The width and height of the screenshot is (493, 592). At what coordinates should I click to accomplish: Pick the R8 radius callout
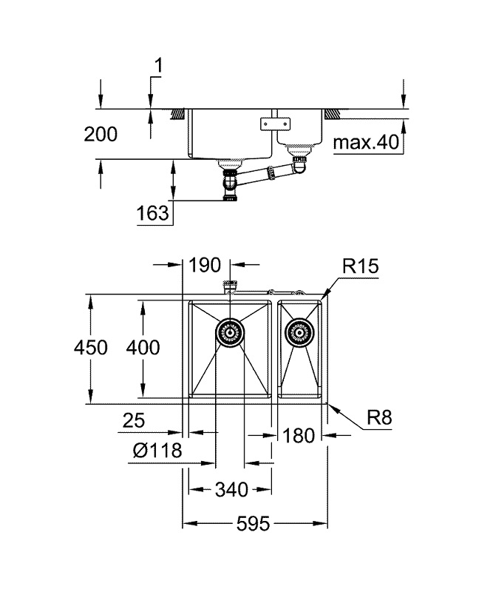point(379,419)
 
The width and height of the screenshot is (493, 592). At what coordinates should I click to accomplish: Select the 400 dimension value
point(143,348)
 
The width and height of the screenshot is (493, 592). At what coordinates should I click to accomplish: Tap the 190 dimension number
point(206,264)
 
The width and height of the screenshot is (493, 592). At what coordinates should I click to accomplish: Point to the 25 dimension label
point(133,421)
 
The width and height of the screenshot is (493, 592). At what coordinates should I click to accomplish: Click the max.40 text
point(366,143)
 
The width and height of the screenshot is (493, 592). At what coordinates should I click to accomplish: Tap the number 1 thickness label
point(157,67)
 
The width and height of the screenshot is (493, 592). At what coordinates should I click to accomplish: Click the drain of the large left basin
point(230,333)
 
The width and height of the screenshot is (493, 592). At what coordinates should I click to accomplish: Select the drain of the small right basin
point(300,333)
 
